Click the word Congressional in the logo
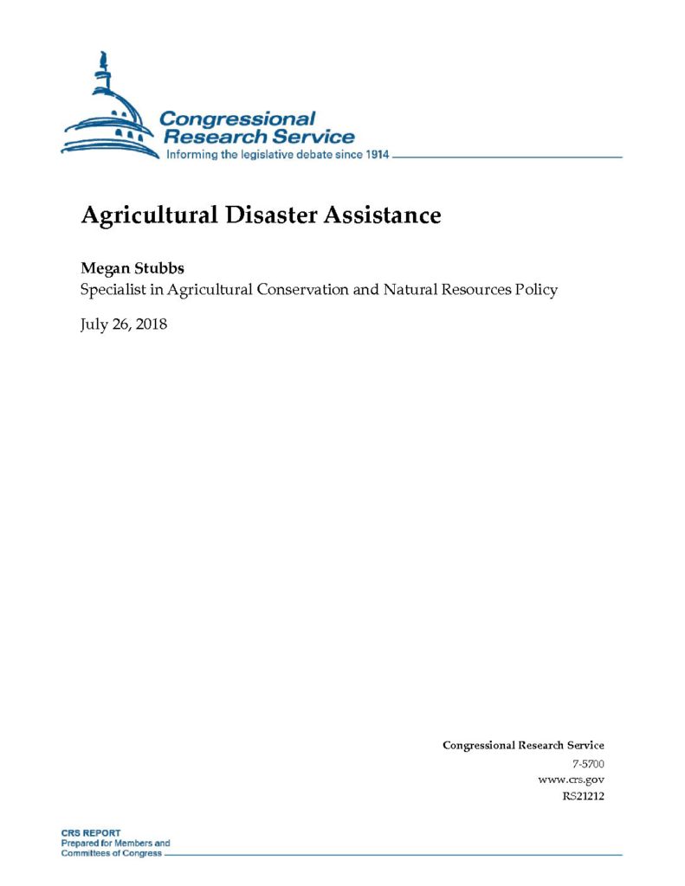coord(238,119)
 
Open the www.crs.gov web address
coord(571,780)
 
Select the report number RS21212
coord(583,796)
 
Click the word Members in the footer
coord(134,843)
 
